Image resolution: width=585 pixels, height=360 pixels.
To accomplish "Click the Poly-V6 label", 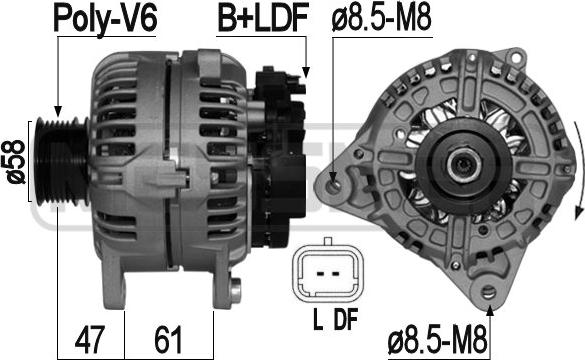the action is pyautogui.click(x=105, y=19).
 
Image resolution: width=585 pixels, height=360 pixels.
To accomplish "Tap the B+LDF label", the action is pyautogui.click(x=263, y=17).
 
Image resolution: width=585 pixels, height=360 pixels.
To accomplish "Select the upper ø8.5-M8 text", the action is pyautogui.click(x=381, y=17).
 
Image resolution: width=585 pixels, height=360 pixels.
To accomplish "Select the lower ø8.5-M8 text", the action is pyautogui.click(x=438, y=340).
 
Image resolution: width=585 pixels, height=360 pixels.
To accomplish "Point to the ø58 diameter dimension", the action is pyautogui.click(x=16, y=162).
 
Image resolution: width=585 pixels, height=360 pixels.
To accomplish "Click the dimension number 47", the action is pyautogui.click(x=89, y=339).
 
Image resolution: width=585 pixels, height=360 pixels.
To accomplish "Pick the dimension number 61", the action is pyautogui.click(x=168, y=339).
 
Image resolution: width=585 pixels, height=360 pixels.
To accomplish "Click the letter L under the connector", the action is pyautogui.click(x=318, y=319).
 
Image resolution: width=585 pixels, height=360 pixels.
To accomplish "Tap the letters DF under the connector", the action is pyautogui.click(x=346, y=319).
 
